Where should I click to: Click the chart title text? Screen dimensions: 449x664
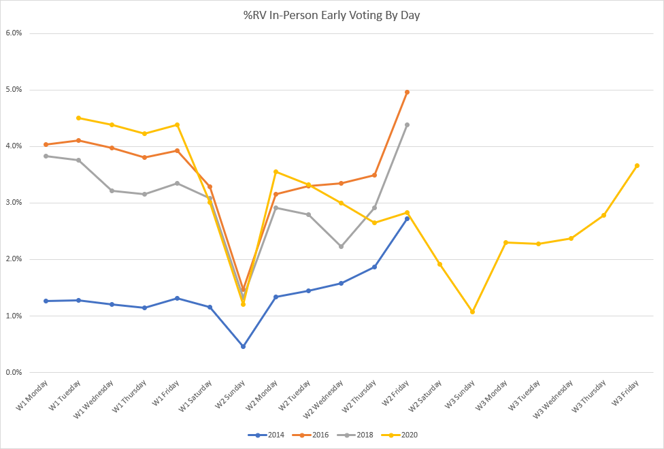pos(332,15)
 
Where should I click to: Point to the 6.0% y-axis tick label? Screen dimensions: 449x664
pos(14,33)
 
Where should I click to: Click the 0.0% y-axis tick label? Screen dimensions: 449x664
pos(14,372)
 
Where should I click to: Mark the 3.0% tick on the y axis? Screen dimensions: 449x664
pos(14,203)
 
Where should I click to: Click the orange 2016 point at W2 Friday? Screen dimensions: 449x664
pos(407,92)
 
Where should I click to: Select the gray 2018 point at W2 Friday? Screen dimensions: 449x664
pos(407,124)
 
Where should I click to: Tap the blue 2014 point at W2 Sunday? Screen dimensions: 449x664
pos(243,346)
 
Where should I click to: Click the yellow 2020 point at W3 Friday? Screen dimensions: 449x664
pos(637,165)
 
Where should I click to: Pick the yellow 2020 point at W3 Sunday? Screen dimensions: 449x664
pos(472,312)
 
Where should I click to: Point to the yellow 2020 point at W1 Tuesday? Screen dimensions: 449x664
pos(79,118)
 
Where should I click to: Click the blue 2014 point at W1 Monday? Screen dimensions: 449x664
pos(46,301)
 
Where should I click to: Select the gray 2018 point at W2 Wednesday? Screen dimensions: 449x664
pos(341,246)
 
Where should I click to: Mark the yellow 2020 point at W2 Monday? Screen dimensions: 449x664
pos(276,171)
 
